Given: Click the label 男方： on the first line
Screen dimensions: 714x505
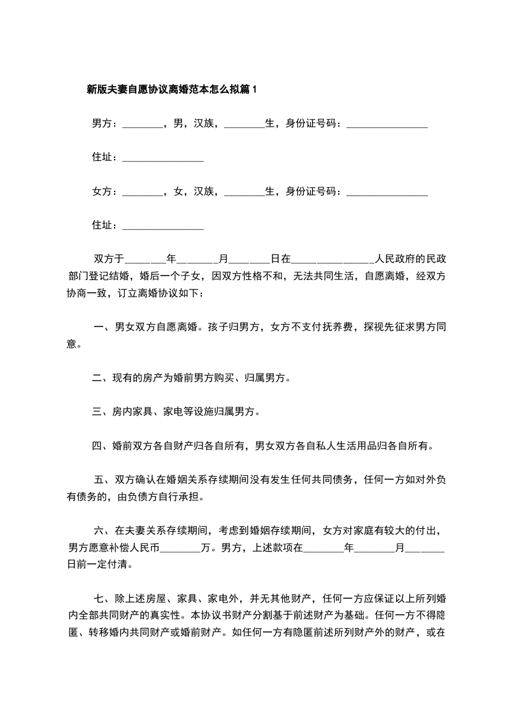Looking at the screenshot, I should pyautogui.click(x=106, y=123).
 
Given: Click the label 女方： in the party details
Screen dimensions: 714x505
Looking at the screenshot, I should pyautogui.click(x=106, y=191).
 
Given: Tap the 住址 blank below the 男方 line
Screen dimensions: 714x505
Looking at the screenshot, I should pyautogui.click(x=162, y=158).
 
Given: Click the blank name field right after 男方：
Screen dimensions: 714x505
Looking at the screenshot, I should pyautogui.click(x=142, y=125).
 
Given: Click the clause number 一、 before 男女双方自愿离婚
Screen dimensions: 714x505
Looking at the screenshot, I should pyautogui.click(x=102, y=328).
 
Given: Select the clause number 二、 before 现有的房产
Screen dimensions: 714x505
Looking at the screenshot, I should pyautogui.click(x=101, y=379).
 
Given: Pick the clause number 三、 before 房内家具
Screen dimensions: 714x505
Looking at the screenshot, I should pyautogui.click(x=101, y=412).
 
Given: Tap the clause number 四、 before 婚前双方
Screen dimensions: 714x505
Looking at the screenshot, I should pyautogui.click(x=101, y=446).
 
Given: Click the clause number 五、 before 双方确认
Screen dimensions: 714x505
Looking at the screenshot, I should pyautogui.click(x=103, y=480).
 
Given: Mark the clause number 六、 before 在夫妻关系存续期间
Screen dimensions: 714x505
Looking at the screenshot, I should pyautogui.click(x=103, y=530).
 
